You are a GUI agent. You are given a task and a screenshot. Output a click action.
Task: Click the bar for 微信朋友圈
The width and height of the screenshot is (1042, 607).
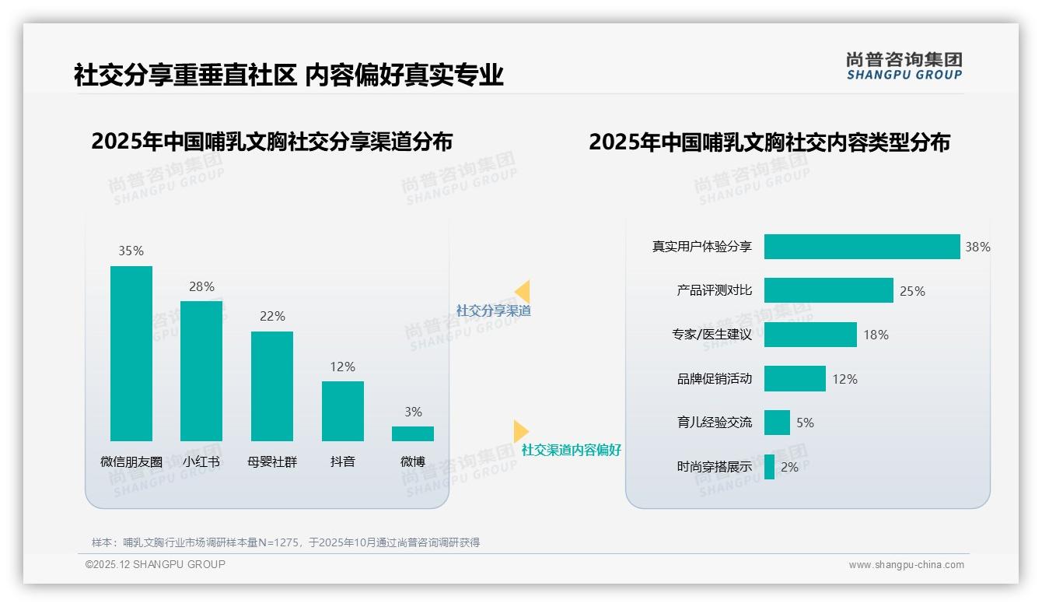point(131,353)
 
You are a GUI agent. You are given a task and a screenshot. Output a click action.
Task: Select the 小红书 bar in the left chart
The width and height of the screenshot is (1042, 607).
point(201,371)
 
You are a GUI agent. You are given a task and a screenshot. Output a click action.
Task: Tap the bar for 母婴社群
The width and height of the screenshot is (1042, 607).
point(272,386)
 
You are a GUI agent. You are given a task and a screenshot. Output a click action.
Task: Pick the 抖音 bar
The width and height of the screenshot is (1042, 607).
point(343,411)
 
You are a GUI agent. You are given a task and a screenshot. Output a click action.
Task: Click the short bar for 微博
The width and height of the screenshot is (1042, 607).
point(413,433)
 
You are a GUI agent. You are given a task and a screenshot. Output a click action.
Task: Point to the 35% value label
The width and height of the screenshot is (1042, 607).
point(131,251)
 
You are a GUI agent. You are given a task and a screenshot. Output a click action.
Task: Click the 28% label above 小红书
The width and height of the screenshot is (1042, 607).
point(201,286)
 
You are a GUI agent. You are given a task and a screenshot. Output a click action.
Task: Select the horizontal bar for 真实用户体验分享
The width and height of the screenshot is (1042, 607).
point(862,247)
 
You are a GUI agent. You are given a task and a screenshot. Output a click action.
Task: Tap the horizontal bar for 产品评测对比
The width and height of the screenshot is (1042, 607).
point(828,290)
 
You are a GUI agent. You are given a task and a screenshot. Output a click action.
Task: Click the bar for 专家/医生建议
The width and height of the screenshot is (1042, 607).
point(810,335)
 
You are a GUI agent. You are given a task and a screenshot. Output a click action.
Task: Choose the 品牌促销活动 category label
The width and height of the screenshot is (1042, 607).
point(715,379)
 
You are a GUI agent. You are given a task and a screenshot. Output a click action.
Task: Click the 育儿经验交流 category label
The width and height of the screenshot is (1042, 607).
point(715,423)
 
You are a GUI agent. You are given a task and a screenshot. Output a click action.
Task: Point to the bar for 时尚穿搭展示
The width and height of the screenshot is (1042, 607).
point(769,467)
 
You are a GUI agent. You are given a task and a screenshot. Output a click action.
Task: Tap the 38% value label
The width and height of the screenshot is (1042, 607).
point(977,247)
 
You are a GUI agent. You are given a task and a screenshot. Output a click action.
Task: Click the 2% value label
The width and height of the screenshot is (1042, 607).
point(789,467)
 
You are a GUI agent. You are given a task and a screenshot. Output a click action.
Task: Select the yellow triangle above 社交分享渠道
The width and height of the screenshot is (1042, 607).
point(523,291)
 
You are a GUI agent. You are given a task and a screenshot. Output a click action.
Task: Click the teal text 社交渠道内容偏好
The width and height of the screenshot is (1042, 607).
point(572,450)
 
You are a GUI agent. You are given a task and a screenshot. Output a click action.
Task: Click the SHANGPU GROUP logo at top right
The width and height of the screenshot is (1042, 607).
point(904,66)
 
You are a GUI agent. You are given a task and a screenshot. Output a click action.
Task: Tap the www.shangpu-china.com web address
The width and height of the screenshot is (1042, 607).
point(906,565)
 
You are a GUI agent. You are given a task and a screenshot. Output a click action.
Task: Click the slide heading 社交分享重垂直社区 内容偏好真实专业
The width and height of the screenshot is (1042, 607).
point(288,75)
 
